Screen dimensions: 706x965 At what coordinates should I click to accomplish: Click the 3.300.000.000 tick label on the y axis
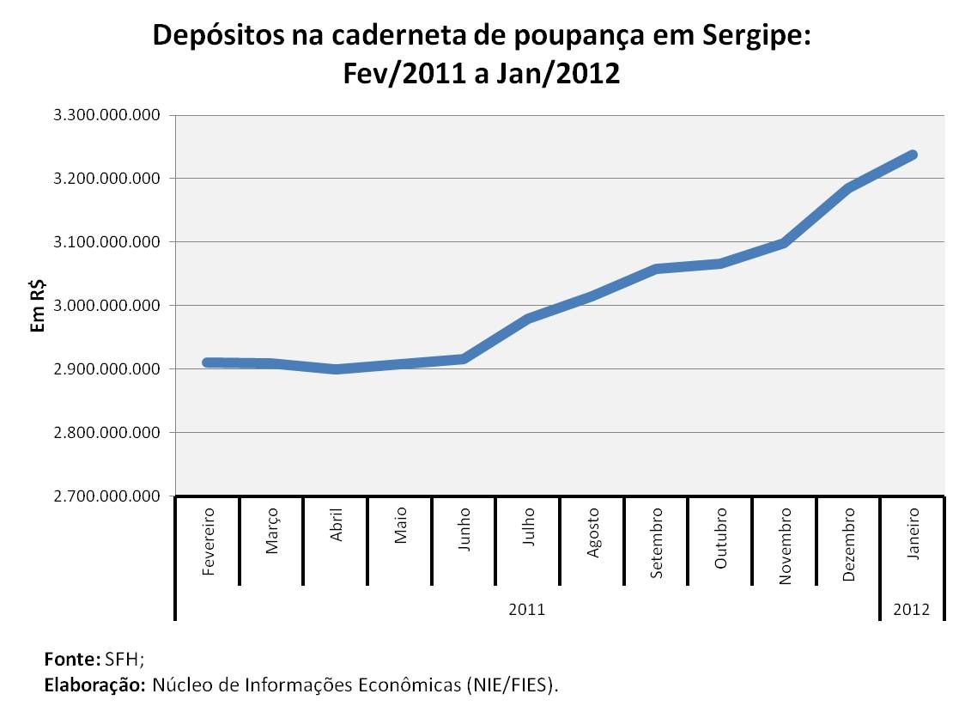(107, 115)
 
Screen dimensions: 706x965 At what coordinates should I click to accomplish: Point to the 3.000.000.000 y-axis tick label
(107, 306)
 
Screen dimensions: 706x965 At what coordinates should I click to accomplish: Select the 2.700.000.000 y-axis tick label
(107, 496)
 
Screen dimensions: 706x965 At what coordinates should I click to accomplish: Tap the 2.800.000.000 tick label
(107, 433)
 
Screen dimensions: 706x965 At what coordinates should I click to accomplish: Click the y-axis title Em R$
(39, 305)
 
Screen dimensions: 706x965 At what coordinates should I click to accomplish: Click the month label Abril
(337, 524)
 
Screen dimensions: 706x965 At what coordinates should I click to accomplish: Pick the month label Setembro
(657, 543)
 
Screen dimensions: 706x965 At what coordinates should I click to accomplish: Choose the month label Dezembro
(849, 545)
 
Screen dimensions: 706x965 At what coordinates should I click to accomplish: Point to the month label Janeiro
(913, 533)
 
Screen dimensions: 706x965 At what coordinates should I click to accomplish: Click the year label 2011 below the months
(526, 609)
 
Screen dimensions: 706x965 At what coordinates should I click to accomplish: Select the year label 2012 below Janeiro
(912, 609)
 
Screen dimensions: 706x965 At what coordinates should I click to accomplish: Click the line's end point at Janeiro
(913, 155)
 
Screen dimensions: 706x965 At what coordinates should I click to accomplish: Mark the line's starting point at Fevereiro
(208, 362)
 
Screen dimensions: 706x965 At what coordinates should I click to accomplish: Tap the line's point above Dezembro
(849, 187)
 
